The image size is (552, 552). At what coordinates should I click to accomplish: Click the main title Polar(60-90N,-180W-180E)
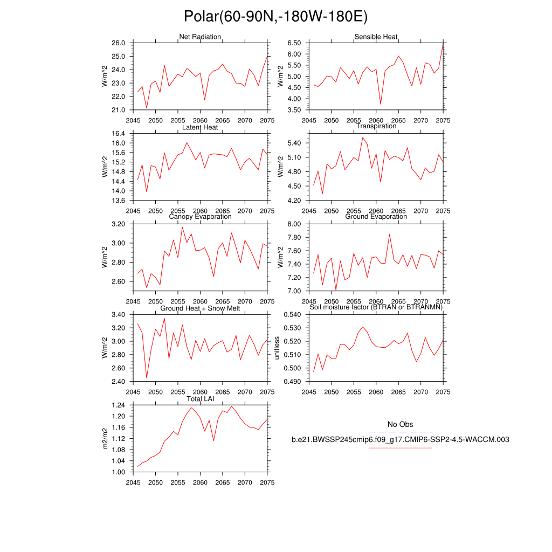tap(275, 17)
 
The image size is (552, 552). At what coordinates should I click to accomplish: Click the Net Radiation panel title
tap(200, 37)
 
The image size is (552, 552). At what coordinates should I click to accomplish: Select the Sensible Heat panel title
tap(376, 37)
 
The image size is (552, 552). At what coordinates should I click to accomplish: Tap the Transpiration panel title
tap(376, 126)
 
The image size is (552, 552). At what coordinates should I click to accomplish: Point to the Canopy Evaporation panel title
tap(200, 217)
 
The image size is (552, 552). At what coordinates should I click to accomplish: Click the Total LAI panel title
tap(200, 398)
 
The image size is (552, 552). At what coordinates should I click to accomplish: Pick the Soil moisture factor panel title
tap(376, 307)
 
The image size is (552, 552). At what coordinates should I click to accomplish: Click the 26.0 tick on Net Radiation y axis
tap(119, 43)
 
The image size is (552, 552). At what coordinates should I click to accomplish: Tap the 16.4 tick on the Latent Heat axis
tap(119, 133)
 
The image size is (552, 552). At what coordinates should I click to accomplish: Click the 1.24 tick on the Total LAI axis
tap(119, 405)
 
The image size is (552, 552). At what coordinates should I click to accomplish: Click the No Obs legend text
tap(400, 425)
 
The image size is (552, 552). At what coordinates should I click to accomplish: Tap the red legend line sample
tap(400, 447)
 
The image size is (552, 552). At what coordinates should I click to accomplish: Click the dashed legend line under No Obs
tap(400, 432)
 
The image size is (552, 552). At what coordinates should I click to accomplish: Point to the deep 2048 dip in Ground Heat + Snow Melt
tap(147, 377)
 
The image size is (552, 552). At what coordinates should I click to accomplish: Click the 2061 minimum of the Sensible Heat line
tap(381, 104)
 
